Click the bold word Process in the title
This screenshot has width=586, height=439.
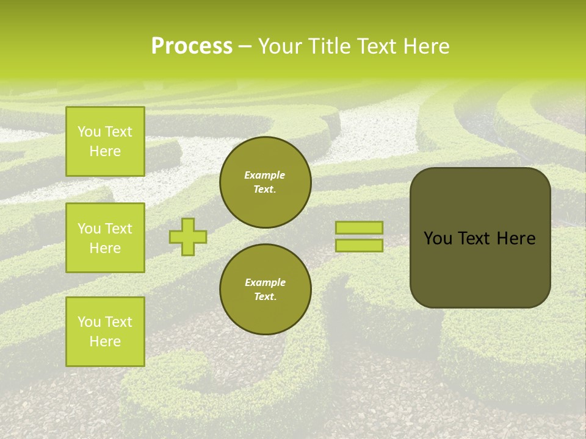(192, 46)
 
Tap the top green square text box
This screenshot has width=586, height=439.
(105, 141)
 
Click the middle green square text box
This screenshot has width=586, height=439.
(105, 238)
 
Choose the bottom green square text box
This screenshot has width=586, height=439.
(105, 332)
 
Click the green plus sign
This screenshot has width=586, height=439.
(188, 237)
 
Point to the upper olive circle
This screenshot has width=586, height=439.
(266, 182)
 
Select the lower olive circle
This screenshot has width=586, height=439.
(266, 289)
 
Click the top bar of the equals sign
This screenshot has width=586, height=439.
(359, 227)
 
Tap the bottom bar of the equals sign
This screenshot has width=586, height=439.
(359, 245)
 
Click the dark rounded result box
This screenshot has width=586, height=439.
(480, 238)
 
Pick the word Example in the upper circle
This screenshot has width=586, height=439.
(265, 175)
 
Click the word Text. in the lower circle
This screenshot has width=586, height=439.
(265, 296)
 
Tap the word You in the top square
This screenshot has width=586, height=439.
(89, 132)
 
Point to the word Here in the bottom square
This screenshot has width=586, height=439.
(105, 341)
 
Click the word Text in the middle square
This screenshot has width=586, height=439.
(118, 229)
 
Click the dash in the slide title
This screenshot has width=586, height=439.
(245, 46)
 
